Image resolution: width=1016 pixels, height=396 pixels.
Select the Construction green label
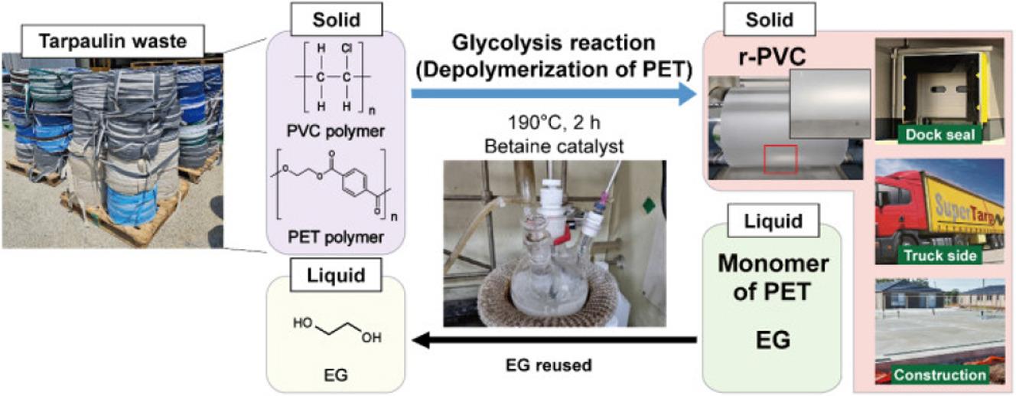(939, 375)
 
